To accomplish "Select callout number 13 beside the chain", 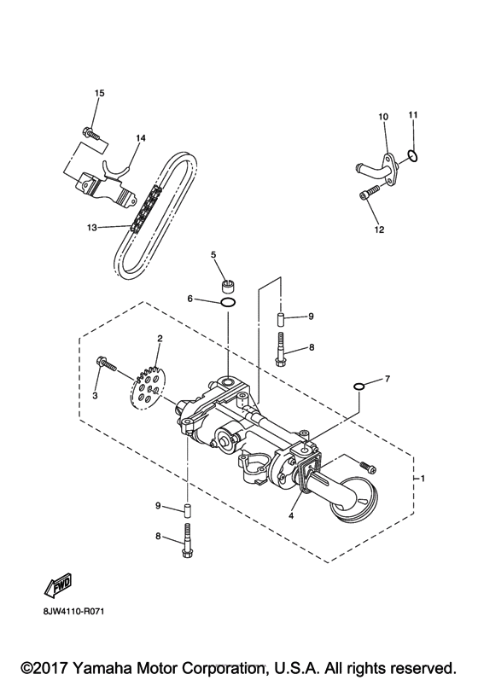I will [93, 227].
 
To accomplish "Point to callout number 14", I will [141, 137].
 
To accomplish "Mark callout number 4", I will [292, 515].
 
